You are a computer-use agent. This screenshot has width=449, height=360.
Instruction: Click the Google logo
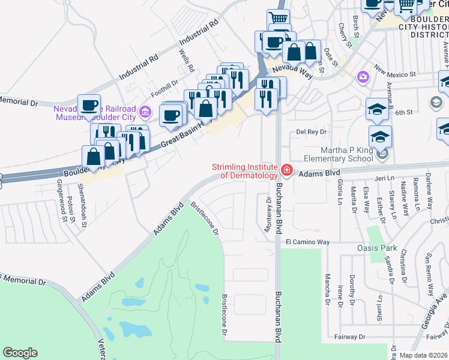[x=20, y=353]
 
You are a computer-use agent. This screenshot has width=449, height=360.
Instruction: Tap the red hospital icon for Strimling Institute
[x=286, y=171]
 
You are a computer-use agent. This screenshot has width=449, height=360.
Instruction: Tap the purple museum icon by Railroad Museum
[x=145, y=112]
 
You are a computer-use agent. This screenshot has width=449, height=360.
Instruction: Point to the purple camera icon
[x=363, y=77]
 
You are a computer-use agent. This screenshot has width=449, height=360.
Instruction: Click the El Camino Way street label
[x=308, y=242]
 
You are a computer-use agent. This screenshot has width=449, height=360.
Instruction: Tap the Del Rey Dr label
[x=311, y=131]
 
